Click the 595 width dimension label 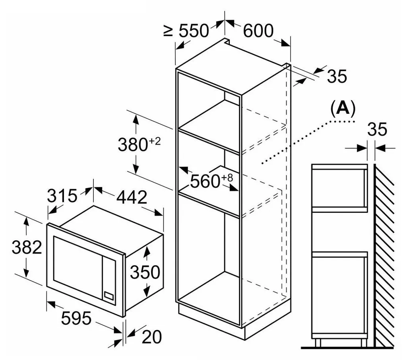pyautogui.click(x=76, y=318)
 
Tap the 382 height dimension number pyautogui.click(x=27, y=247)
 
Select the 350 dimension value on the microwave pyautogui.click(x=145, y=272)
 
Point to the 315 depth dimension pyautogui.click(x=62, y=196)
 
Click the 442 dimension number pyautogui.click(x=132, y=197)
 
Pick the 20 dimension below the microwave pyautogui.click(x=152, y=337)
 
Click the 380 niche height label pyautogui.click(x=133, y=145)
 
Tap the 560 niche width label pyautogui.click(x=205, y=181)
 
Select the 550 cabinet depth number pyautogui.click(x=194, y=31)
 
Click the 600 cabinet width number pyautogui.click(x=258, y=30)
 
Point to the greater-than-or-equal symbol pyautogui.click(x=168, y=31)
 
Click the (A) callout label pyautogui.click(x=343, y=108)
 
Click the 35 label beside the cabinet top pyautogui.click(x=337, y=76)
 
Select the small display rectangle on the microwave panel pyautogui.click(x=109, y=295)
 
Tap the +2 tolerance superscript pyautogui.click(x=155, y=141)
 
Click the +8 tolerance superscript pyautogui.click(x=227, y=178)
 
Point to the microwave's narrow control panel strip pyautogui.click(x=109, y=280)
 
